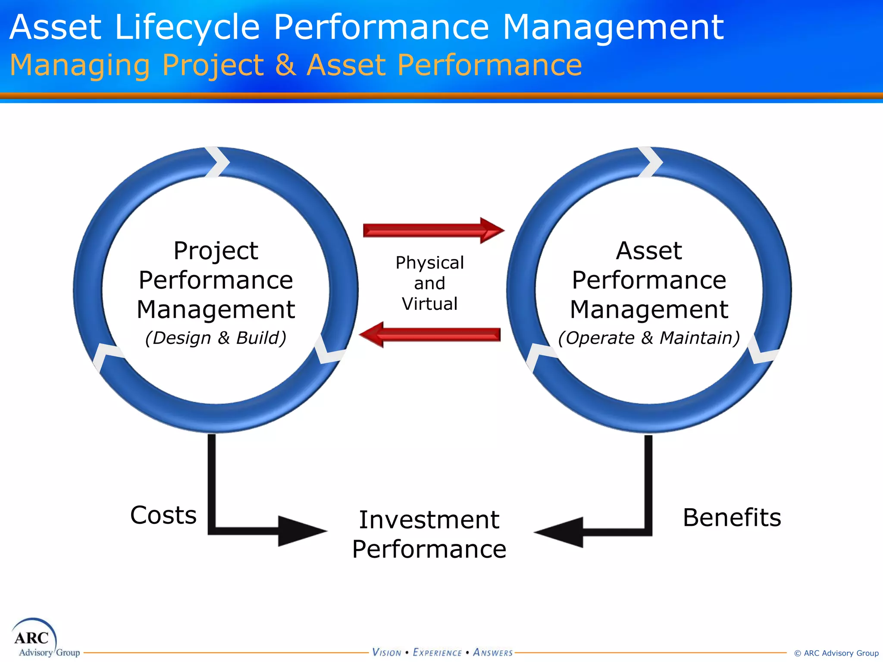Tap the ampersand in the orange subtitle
[x=285, y=65]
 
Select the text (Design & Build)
[x=216, y=338]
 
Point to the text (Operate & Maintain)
[x=649, y=338]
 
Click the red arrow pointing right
[x=433, y=231]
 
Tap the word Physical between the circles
[x=429, y=262]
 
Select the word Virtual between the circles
[x=429, y=304]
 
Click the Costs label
[x=163, y=515]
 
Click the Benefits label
[x=732, y=517]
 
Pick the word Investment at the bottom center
[x=429, y=519]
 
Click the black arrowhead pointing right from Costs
[x=301, y=531]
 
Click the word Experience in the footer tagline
[x=437, y=653]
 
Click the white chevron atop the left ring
[x=218, y=162]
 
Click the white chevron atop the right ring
[x=651, y=162]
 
